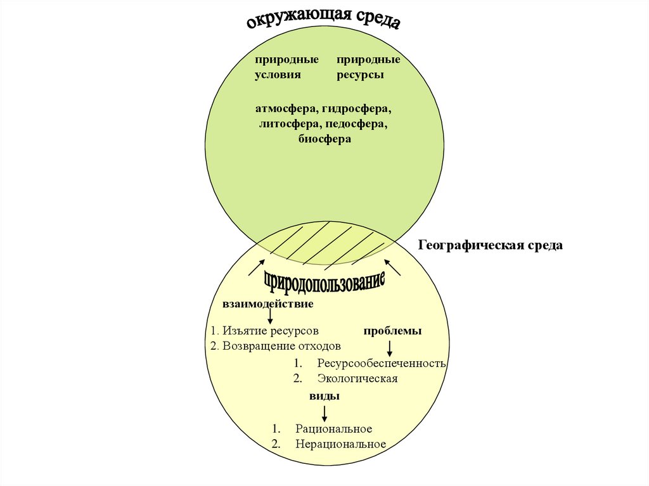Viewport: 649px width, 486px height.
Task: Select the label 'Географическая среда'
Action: [x=491, y=245]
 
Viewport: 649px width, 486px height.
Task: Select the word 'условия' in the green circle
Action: [x=277, y=75]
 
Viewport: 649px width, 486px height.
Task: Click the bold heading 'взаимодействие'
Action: [x=267, y=304]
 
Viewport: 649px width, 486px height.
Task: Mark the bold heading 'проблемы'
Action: [x=392, y=331]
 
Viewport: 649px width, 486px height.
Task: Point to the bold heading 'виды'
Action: [x=324, y=396]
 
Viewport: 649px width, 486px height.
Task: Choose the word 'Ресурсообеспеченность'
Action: [x=382, y=364]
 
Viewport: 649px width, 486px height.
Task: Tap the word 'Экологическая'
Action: [x=357, y=379]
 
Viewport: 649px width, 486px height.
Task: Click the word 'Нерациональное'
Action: [x=340, y=444]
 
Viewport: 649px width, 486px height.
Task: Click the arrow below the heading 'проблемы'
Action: [x=390, y=347]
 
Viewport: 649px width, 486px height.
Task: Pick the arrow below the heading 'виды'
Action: [x=324, y=414]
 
